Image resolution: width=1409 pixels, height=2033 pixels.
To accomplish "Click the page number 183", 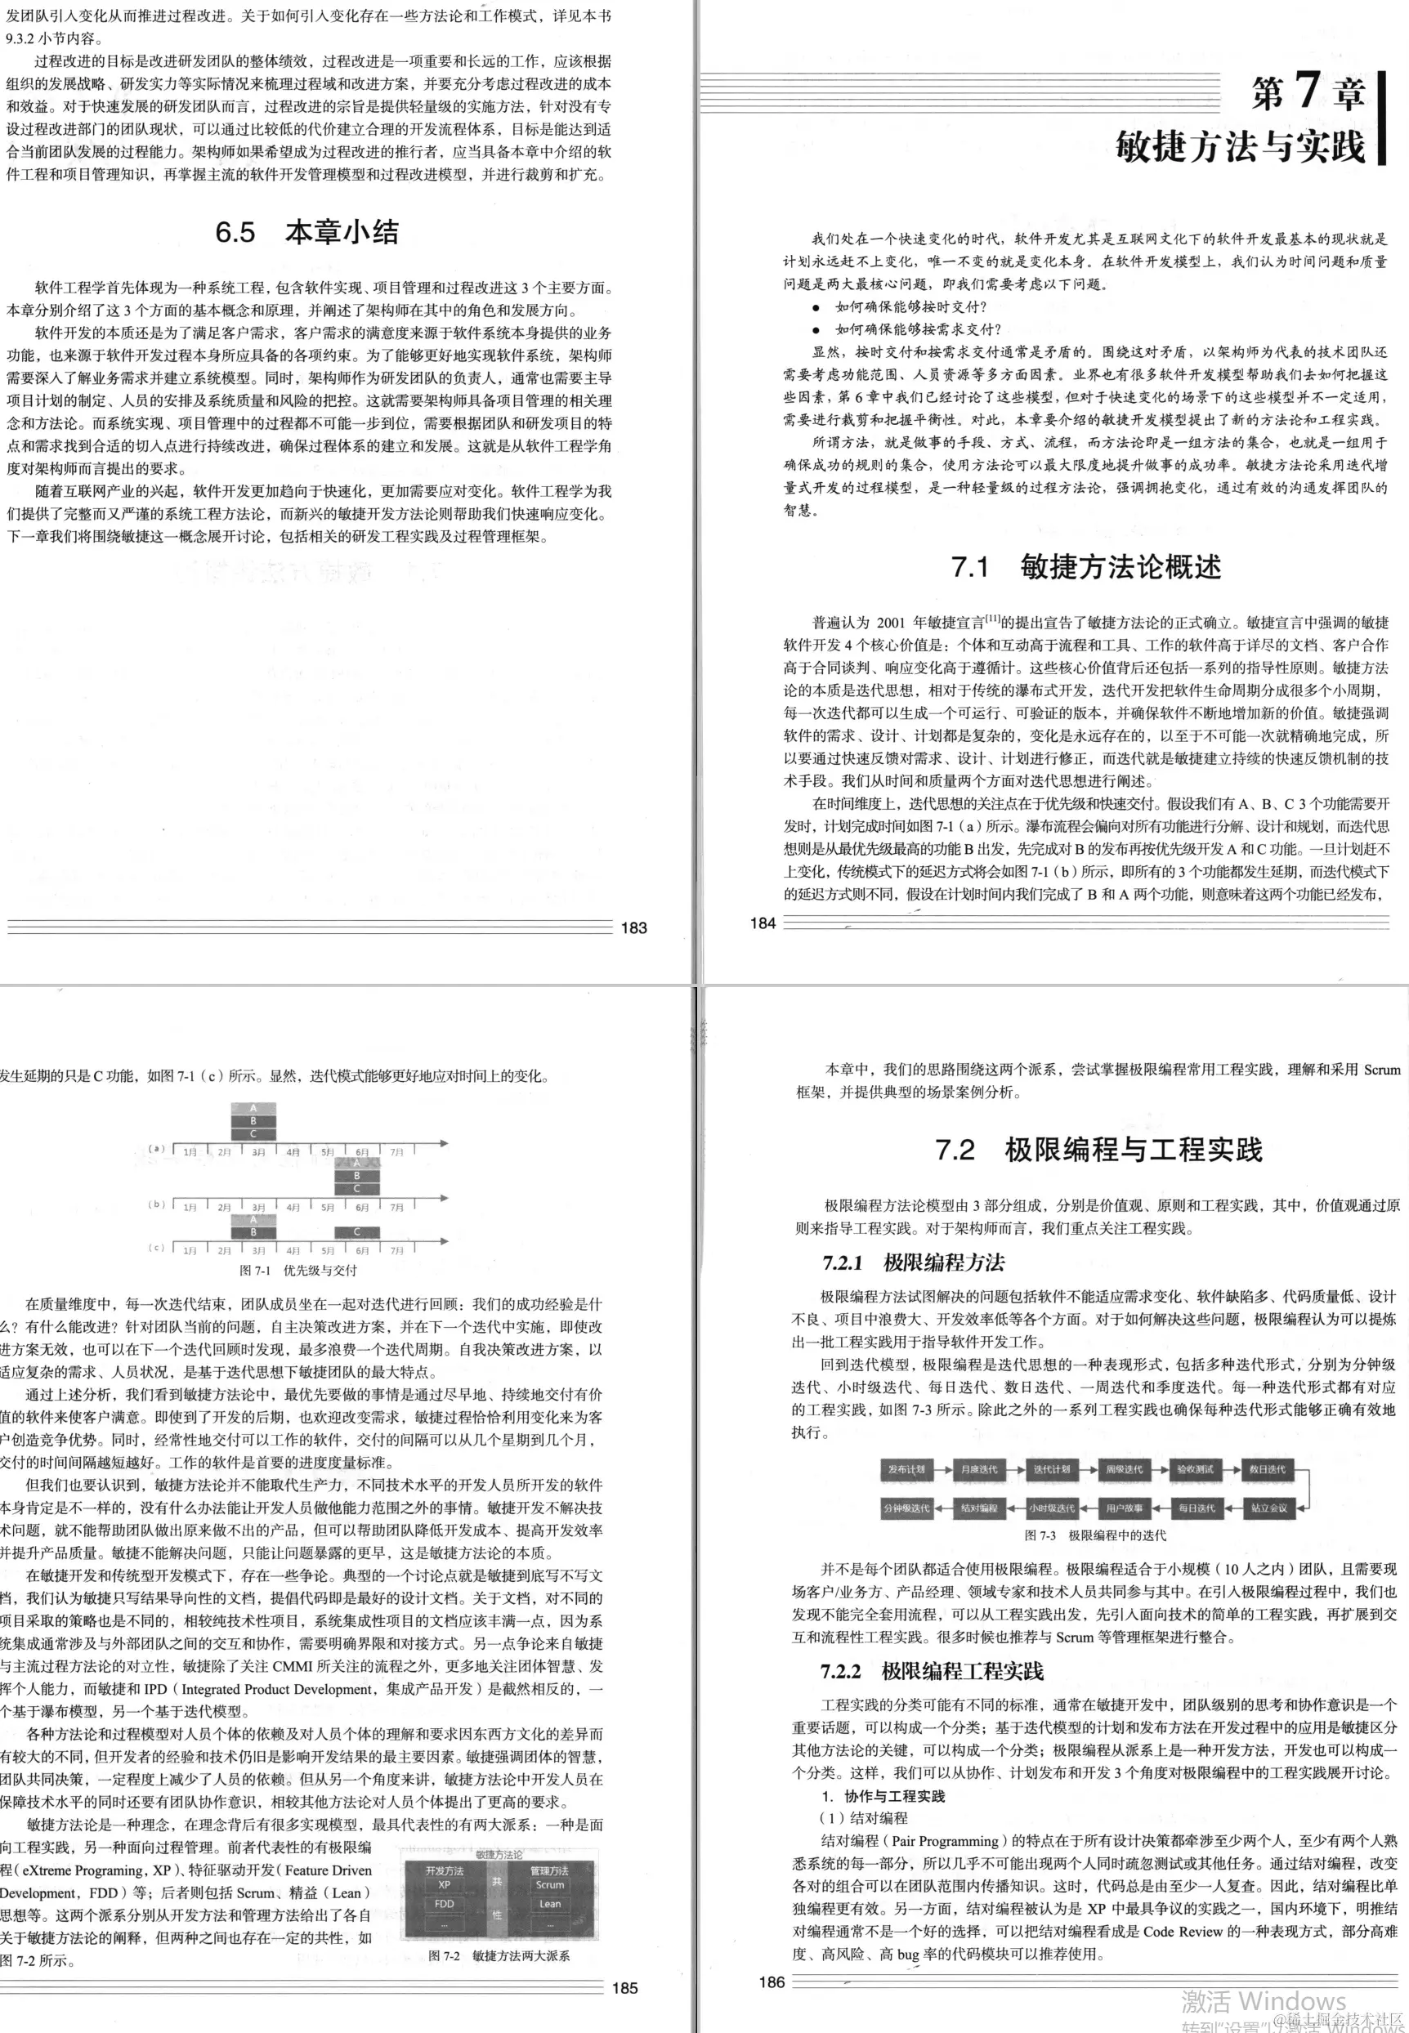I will (x=634, y=927).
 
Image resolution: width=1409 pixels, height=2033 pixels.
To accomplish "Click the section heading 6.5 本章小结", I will (x=306, y=232).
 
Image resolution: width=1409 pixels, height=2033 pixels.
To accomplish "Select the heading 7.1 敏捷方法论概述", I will (x=1086, y=565).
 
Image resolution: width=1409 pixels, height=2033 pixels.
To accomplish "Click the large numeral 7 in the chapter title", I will (x=1307, y=89).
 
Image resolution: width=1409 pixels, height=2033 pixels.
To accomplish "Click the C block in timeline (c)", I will (x=356, y=1231).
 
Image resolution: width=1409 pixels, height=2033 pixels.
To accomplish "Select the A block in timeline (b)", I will (x=356, y=1164).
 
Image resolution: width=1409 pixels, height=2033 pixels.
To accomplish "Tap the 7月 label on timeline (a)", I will (x=397, y=1152).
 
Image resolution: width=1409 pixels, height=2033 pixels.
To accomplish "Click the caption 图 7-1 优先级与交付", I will (x=298, y=1270).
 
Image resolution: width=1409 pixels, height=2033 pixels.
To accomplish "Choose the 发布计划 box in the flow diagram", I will (x=906, y=1469).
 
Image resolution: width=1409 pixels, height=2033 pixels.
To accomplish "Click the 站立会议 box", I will (x=1268, y=1508).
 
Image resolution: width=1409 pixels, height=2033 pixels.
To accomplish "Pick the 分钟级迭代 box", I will (x=906, y=1508).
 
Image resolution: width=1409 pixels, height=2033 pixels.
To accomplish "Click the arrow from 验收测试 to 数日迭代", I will (x=1231, y=1469).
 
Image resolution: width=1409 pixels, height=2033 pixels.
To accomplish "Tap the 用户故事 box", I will (x=1124, y=1508).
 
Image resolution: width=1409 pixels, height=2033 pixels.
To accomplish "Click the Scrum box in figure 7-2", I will (x=549, y=1883).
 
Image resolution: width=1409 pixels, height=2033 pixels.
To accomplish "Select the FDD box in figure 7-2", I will (x=444, y=1903).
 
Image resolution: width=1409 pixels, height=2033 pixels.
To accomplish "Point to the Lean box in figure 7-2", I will (x=549, y=1903).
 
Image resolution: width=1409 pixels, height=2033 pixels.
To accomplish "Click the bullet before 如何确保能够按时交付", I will (x=816, y=307).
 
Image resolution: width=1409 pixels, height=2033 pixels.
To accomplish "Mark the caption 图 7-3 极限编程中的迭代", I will (x=1094, y=1535).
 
